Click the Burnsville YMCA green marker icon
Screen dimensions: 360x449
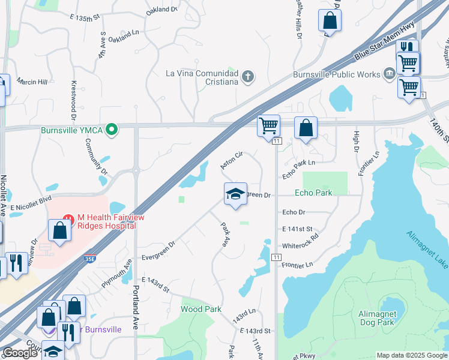pos(111,129)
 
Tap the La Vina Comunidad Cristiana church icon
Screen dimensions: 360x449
pos(249,77)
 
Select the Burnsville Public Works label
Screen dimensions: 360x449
pos(336,74)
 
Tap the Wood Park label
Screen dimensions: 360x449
pos(201,309)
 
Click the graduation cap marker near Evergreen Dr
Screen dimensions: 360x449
pos(235,194)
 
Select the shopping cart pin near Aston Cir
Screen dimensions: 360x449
pos(268,127)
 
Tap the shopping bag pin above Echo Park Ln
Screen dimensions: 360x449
pos(306,128)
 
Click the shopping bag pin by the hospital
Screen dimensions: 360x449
pos(60,230)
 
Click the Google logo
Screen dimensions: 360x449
pos(20,353)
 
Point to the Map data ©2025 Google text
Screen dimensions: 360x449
pos(411,355)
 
